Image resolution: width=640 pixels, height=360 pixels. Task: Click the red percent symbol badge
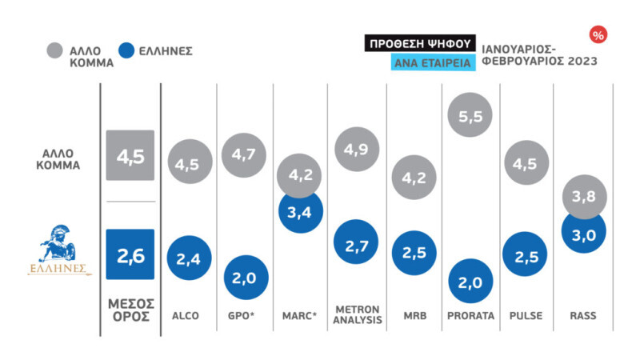click(597, 34)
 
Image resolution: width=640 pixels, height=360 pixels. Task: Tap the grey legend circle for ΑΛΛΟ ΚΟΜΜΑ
click(55, 51)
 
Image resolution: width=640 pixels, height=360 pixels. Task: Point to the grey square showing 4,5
click(130, 155)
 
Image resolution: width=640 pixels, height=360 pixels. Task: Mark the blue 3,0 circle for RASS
click(582, 231)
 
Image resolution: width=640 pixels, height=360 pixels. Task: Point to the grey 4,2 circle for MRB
click(414, 178)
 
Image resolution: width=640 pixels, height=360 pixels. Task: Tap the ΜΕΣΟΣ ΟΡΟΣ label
click(130, 310)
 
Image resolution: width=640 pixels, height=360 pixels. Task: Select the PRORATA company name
click(470, 316)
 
